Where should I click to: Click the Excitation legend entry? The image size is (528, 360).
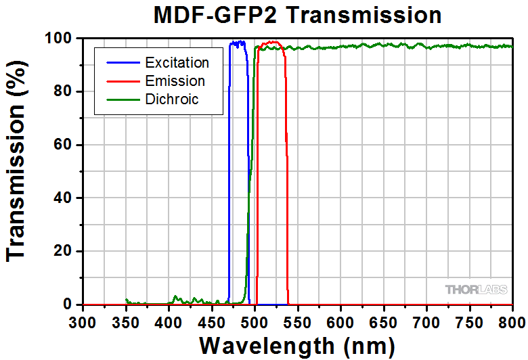(x=177, y=63)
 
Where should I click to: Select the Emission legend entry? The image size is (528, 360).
(x=175, y=81)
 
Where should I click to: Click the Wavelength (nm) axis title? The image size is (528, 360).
(x=296, y=346)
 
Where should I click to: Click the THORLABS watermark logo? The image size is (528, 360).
(x=476, y=290)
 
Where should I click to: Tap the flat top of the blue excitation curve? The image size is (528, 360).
(x=238, y=43)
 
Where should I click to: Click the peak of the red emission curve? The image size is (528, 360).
(x=272, y=42)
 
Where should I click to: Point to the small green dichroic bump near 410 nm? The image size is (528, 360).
(x=176, y=296)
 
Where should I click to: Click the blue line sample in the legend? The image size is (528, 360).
(x=122, y=63)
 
